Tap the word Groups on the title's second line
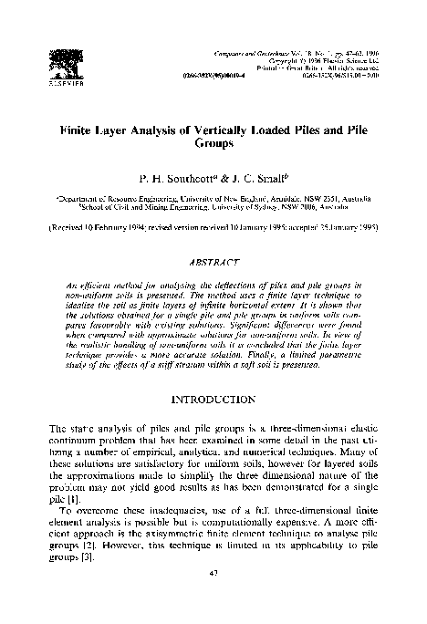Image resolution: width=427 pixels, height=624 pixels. coord(215,143)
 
